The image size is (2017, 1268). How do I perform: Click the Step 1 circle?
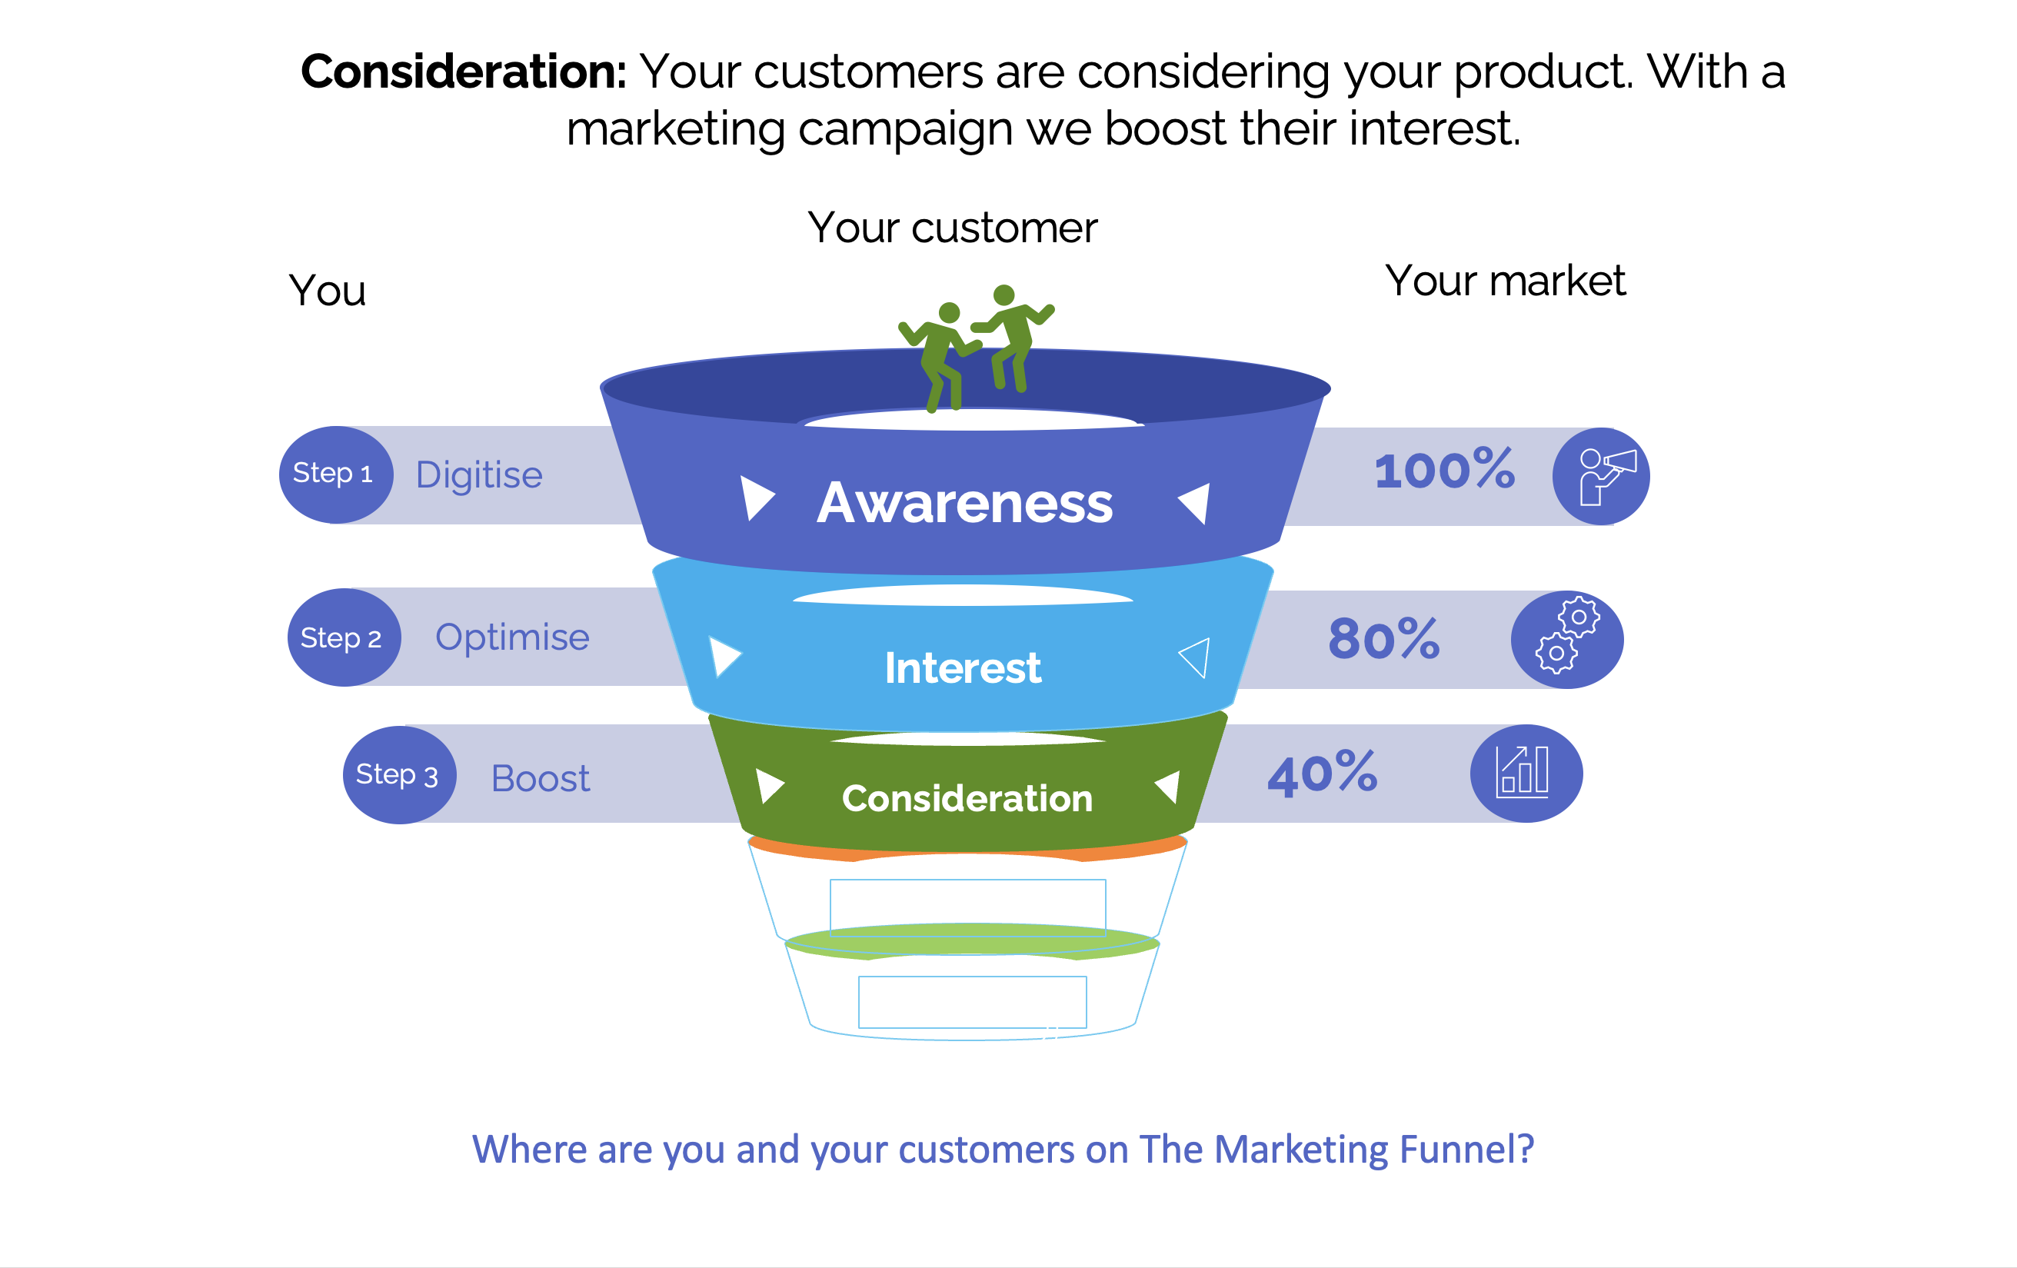coord(336,475)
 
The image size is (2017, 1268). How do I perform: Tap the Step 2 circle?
coord(344,637)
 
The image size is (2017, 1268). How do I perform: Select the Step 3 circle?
coord(400,774)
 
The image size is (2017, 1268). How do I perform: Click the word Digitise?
coord(479,475)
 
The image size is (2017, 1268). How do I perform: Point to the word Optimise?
coord(513,637)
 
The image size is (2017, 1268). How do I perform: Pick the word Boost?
coord(541,778)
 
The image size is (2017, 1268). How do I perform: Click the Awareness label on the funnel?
coord(965,503)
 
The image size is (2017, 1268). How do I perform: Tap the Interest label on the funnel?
coord(964,667)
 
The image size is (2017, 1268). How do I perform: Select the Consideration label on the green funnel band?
coord(967,798)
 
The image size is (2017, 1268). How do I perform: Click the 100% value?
coord(1445,469)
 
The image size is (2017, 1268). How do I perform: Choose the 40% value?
coord(1323,773)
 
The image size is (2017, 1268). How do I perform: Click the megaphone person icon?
coord(1606,477)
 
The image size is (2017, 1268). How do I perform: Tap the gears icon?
coord(1567,635)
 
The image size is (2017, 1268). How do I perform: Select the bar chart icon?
coord(1522,771)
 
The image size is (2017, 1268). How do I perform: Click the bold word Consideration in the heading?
coord(463,72)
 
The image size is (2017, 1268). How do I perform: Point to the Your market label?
coord(1505,280)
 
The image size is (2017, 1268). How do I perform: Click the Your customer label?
coord(953,228)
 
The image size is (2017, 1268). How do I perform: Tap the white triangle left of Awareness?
coord(757,498)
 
